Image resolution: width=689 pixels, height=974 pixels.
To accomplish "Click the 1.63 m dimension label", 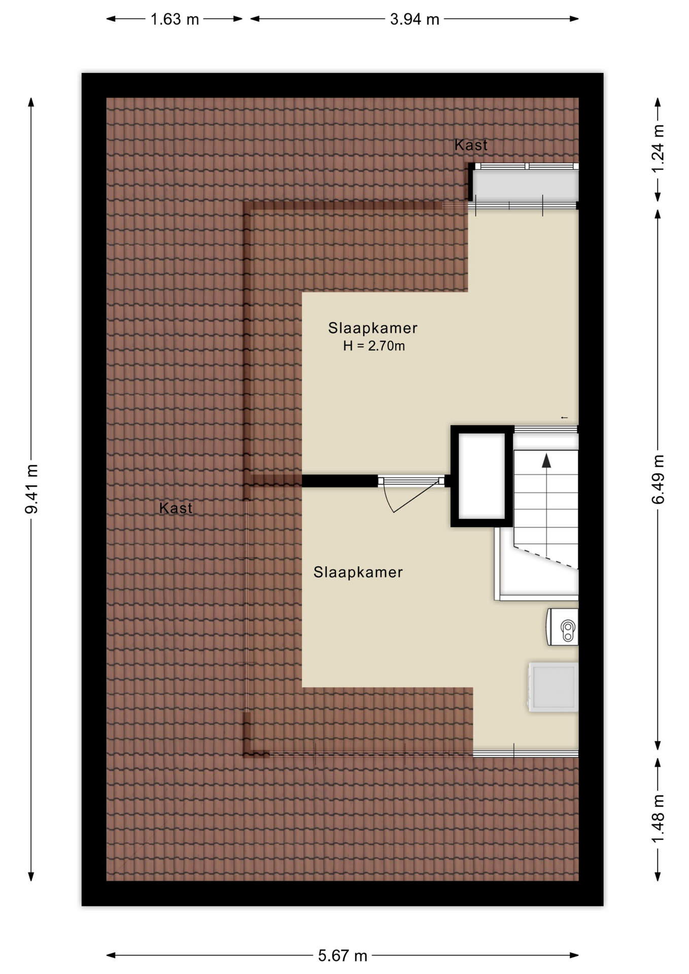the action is (175, 19).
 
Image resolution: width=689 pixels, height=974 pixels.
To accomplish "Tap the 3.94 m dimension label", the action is (415, 19).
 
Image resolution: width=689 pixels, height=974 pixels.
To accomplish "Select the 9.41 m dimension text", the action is (31, 489).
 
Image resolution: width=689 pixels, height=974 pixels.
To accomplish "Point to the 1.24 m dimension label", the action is (658, 149).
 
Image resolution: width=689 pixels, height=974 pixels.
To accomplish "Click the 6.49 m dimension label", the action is (658, 479).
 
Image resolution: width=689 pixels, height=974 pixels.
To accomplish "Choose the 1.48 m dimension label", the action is (658, 819).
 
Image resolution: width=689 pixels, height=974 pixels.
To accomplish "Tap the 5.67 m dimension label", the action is (342, 956).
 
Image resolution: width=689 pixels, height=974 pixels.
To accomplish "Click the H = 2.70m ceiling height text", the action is (374, 346).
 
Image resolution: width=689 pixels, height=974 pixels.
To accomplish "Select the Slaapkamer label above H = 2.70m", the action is (373, 328).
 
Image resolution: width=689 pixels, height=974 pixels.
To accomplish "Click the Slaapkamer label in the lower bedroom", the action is (358, 572).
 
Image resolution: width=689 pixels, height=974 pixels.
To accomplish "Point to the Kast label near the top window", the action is (471, 145).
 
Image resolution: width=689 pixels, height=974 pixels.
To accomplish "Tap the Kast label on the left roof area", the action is (176, 508).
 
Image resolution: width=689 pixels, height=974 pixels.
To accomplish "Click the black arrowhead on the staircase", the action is (546, 461).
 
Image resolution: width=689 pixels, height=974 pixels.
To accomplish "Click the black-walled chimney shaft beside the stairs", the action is (482, 476).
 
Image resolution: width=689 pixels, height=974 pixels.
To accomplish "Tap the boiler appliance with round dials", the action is (563, 627).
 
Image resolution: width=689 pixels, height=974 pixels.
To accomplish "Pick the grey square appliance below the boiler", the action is (554, 687).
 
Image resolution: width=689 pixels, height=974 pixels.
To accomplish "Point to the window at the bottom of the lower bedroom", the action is (526, 753).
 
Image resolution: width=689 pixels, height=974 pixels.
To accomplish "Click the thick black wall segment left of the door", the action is (340, 481).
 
